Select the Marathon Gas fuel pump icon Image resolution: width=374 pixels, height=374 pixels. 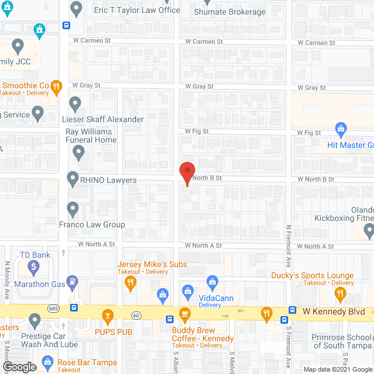point(72,282)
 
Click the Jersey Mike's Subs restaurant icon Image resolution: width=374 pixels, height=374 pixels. point(130,283)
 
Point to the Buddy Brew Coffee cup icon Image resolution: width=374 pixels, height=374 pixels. point(185,314)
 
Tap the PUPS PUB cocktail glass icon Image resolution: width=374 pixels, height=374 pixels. point(108,317)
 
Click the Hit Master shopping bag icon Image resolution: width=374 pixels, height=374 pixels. point(341,128)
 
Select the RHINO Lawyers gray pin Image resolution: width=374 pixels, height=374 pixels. point(73,178)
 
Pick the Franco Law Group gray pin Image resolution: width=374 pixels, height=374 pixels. point(73,208)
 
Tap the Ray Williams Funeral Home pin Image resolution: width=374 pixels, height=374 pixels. point(79,153)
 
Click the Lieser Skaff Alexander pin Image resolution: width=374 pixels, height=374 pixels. point(75,104)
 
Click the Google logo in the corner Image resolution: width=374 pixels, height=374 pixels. point(19,366)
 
